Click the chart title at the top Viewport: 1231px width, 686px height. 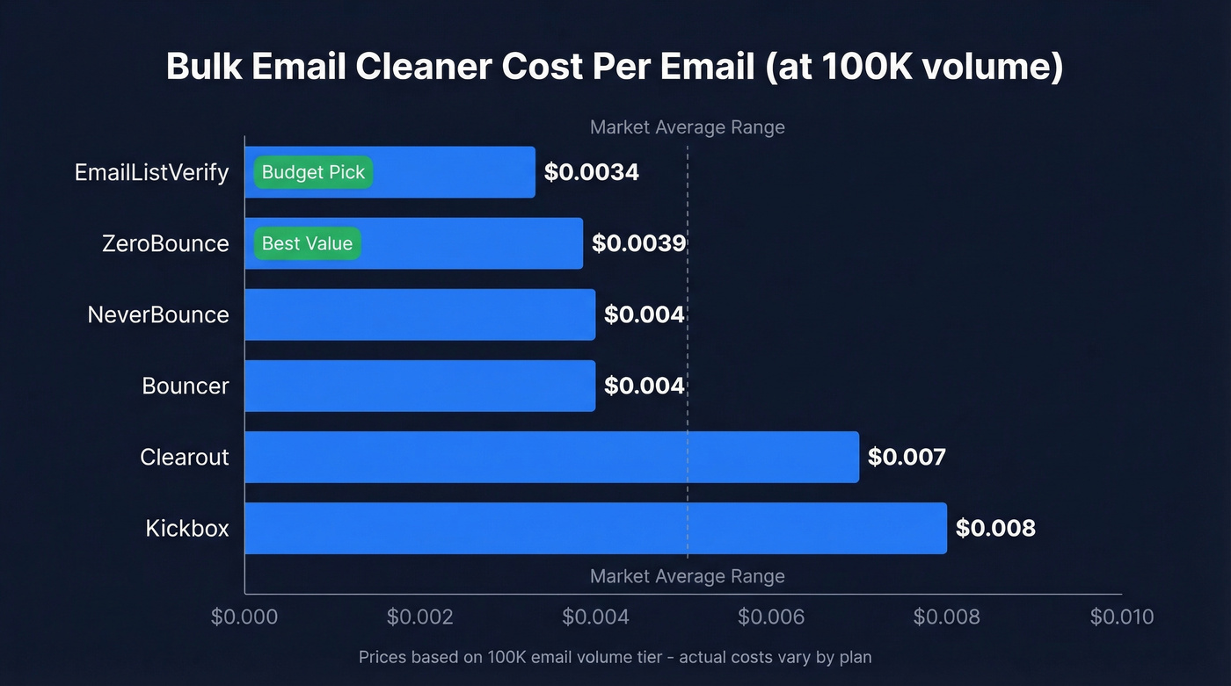(x=615, y=68)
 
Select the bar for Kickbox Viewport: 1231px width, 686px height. (x=595, y=528)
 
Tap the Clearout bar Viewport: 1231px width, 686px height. (x=551, y=457)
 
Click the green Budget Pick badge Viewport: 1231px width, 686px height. (x=313, y=172)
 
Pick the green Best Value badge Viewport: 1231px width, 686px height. (x=307, y=243)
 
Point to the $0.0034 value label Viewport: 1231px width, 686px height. (x=591, y=172)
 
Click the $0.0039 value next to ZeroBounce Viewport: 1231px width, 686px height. (x=638, y=243)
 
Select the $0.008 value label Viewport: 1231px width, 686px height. (x=995, y=528)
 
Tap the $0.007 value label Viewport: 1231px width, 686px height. (x=907, y=457)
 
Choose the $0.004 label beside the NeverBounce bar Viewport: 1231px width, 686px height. (x=644, y=314)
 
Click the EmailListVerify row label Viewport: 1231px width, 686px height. (x=151, y=172)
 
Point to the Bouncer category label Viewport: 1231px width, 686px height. (x=186, y=386)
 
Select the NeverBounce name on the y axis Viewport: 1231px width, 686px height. (x=158, y=314)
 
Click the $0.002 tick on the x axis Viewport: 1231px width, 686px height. (x=420, y=617)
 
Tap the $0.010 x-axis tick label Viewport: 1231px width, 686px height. (x=1122, y=617)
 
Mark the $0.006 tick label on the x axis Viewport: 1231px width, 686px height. (x=771, y=617)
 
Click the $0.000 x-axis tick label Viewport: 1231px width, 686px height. (x=244, y=617)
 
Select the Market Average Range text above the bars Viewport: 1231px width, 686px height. (x=687, y=127)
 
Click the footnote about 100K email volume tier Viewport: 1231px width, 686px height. (x=615, y=657)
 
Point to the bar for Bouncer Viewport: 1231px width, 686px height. (x=419, y=386)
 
